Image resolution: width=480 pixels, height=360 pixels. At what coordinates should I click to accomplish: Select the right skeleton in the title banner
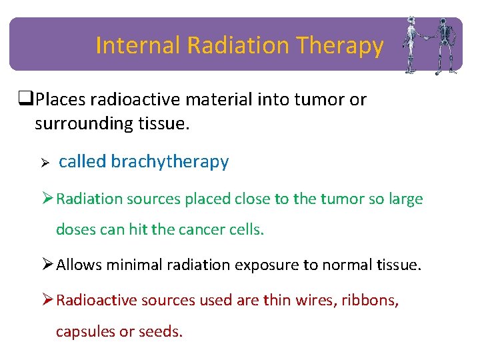pos(443,45)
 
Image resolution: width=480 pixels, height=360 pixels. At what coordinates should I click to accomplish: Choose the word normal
pos(346,265)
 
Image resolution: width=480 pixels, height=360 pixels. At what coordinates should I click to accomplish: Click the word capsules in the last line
pos(85,331)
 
